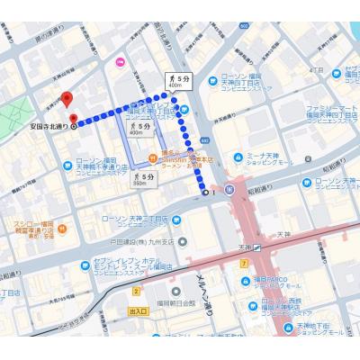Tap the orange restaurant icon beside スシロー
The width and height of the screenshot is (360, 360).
[x=68, y=222]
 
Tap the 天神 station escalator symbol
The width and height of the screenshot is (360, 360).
[x=257, y=246]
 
